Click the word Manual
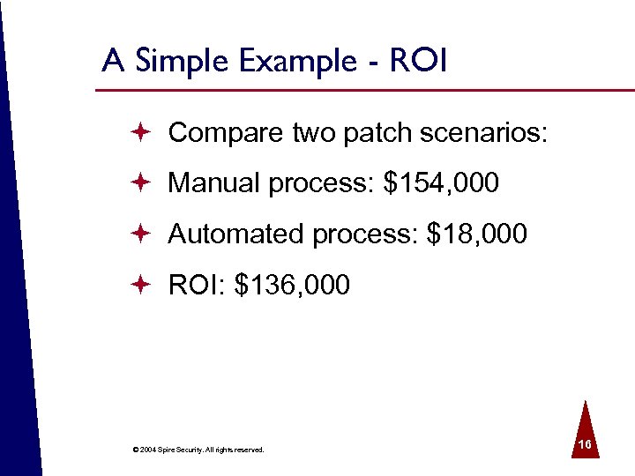(x=214, y=183)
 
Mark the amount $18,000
(x=476, y=234)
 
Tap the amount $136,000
(x=292, y=286)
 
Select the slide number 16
(x=584, y=446)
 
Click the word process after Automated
(x=365, y=234)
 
